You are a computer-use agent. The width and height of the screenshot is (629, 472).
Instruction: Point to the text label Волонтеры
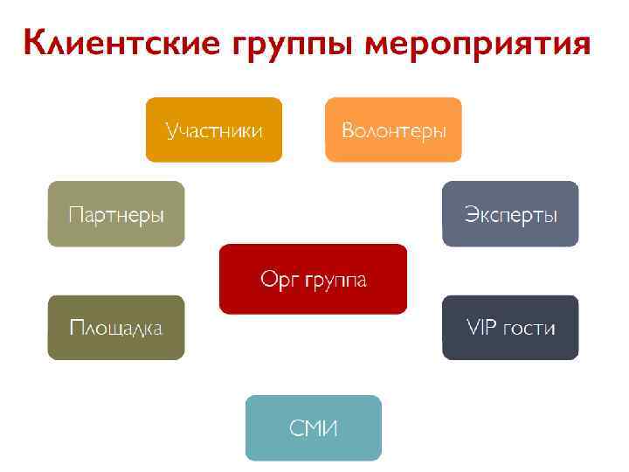[394, 131]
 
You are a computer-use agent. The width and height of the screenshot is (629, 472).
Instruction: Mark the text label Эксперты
[511, 215]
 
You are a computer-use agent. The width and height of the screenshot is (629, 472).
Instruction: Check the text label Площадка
[116, 329]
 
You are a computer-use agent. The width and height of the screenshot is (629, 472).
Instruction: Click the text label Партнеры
[116, 215]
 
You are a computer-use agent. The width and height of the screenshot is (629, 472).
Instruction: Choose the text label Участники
[214, 131]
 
